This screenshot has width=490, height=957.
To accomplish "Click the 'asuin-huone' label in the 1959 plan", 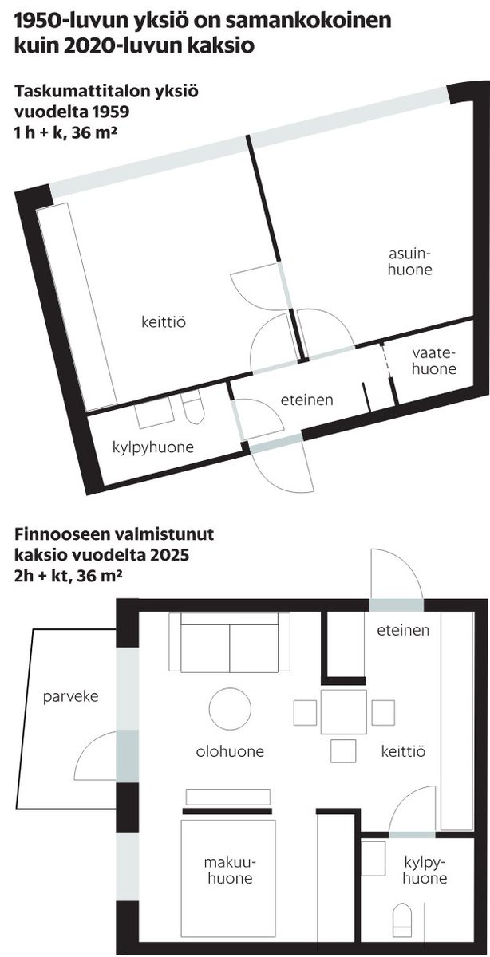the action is tap(410, 262).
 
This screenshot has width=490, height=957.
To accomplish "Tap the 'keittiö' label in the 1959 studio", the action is tap(164, 321).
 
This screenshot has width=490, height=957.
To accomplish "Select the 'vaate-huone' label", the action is tap(434, 361).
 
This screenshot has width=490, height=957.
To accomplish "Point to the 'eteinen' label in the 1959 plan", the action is tap(306, 400).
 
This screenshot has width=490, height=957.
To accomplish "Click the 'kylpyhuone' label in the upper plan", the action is tap(153, 447).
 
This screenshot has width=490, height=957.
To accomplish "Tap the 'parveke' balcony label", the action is tap(70, 696).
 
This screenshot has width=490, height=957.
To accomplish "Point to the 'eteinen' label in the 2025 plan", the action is tap(403, 630).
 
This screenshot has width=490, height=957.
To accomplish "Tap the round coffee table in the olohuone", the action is tap(230, 709).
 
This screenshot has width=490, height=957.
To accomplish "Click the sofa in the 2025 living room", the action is tap(230, 642).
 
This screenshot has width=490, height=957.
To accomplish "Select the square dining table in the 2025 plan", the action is tap(343, 712).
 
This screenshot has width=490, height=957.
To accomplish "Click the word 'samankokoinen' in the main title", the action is tap(308, 22).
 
